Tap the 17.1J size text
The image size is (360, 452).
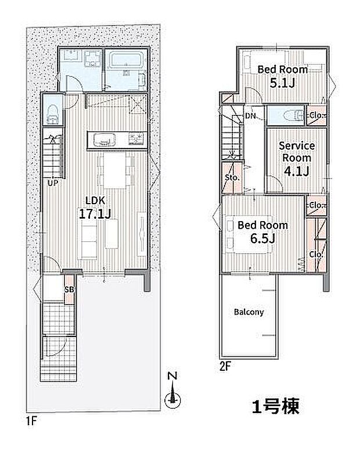[x=95, y=214]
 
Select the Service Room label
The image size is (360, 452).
[x=296, y=151]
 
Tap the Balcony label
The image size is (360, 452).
[x=249, y=312]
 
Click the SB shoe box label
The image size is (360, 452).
[x=69, y=290]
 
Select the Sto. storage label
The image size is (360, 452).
[x=232, y=178]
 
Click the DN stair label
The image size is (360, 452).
[x=251, y=116]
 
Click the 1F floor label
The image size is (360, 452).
[x=31, y=419]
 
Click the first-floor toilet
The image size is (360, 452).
[x=51, y=111]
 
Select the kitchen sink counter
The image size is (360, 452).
[x=103, y=140]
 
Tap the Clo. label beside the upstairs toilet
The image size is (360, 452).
[x=317, y=115]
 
